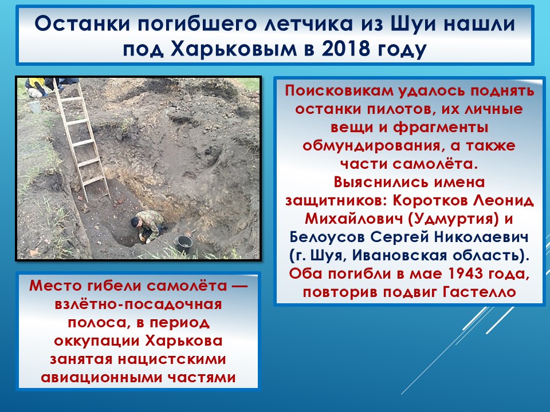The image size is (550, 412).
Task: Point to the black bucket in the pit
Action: point(184,244)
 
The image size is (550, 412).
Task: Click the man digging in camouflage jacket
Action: point(148,226)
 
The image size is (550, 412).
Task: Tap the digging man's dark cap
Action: point(135,222)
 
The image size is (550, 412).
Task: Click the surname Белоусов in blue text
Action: point(327,237)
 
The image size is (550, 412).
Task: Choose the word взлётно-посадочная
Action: point(138,304)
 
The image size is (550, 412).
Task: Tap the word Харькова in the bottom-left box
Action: point(183,340)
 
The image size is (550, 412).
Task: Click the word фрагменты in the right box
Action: point(441,128)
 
